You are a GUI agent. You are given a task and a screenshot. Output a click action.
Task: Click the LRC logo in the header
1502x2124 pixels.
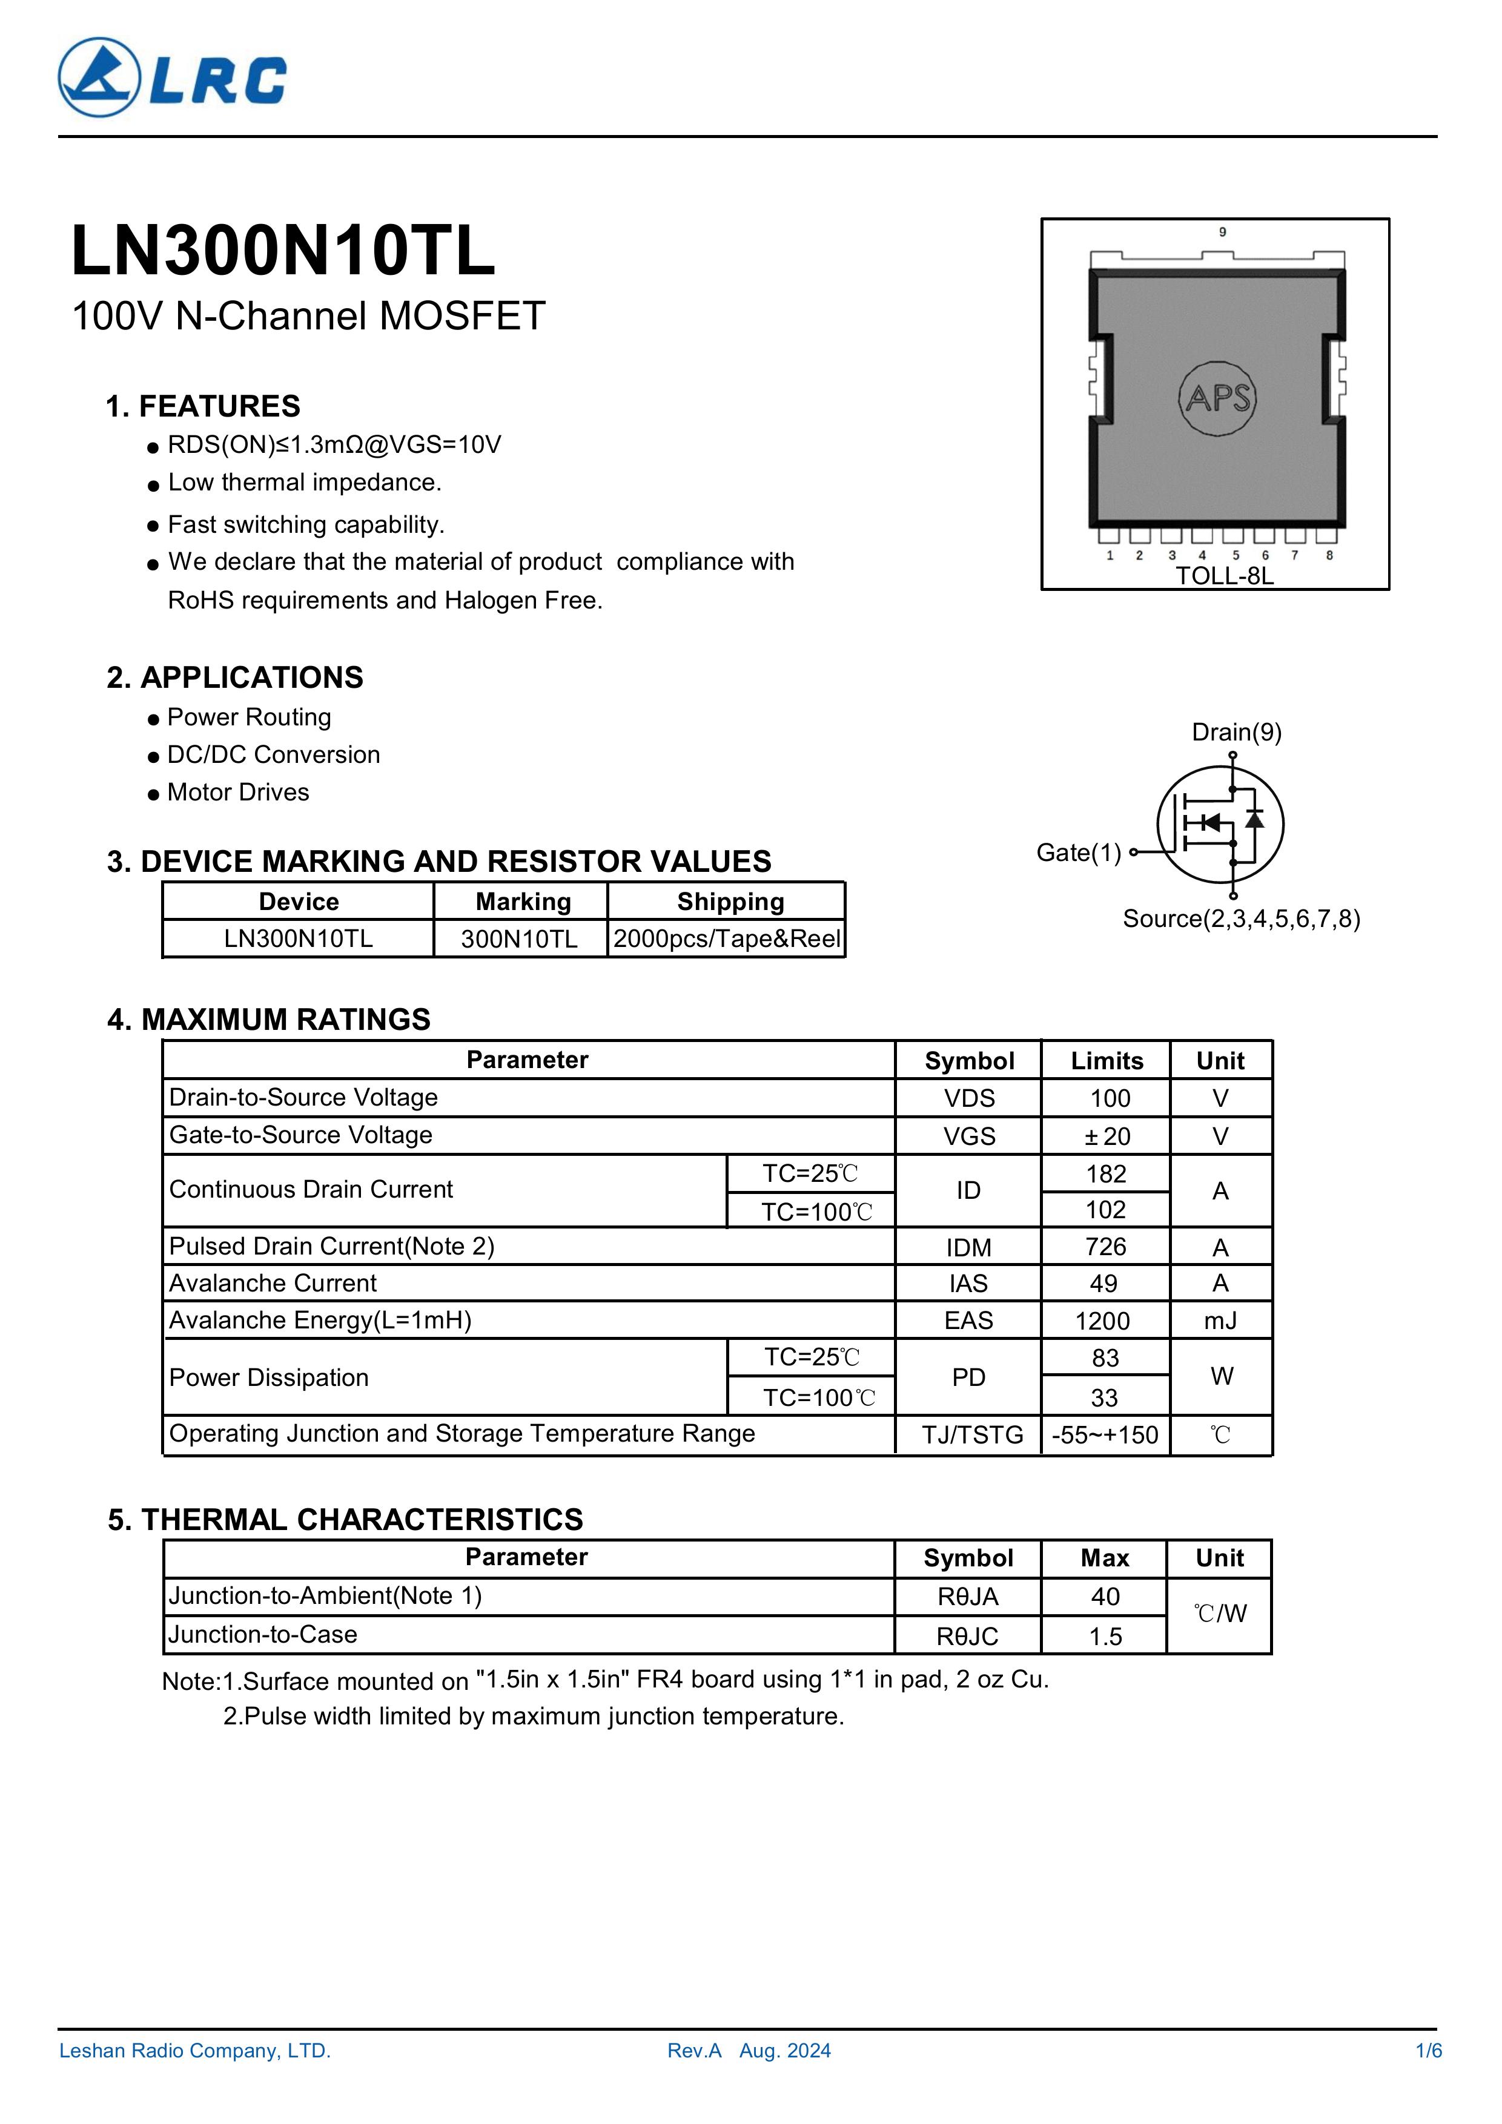point(172,78)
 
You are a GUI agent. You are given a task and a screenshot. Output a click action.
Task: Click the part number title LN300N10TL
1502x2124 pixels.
point(283,252)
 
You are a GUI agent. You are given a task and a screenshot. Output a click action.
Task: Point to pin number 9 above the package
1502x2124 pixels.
point(1223,232)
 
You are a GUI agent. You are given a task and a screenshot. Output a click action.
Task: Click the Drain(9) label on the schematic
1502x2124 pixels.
point(1236,733)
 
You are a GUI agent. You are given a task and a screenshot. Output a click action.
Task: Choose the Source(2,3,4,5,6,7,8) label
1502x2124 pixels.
point(1241,919)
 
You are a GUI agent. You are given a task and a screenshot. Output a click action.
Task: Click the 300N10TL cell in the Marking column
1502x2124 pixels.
point(519,939)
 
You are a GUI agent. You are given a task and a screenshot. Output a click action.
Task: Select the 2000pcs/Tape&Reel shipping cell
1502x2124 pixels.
point(727,939)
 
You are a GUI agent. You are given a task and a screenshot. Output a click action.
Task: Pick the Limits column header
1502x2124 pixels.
point(1107,1061)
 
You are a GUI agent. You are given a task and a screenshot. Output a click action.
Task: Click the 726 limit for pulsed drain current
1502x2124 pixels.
point(1106,1247)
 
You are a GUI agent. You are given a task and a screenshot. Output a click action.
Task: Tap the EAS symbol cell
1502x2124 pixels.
point(968,1321)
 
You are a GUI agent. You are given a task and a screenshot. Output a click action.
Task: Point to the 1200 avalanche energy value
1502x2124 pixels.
point(1102,1321)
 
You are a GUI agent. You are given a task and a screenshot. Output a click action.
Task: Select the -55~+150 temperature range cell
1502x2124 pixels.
point(1105,1435)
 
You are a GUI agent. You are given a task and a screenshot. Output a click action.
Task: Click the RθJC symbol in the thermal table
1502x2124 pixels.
point(967,1637)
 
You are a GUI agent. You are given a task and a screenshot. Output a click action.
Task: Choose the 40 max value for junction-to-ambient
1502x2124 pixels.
point(1105,1597)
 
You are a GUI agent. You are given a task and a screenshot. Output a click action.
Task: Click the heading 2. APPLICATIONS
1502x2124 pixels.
point(235,678)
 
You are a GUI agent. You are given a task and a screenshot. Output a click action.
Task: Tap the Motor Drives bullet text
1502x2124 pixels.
point(238,793)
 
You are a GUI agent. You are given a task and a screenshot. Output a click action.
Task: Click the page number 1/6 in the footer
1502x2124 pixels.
point(1429,2051)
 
